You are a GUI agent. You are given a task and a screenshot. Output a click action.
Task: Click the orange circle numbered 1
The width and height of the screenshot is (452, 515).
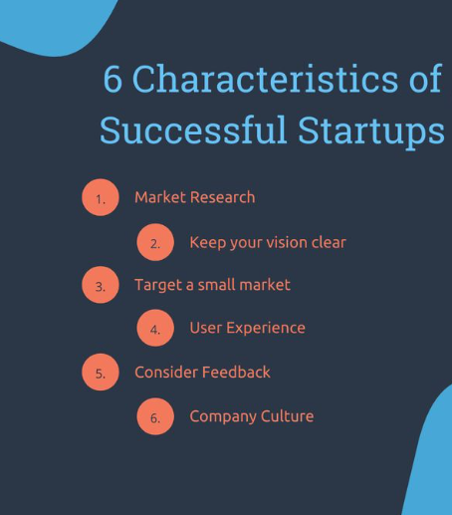tap(101, 197)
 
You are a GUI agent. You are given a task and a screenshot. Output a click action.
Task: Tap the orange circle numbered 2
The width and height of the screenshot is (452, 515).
tap(155, 242)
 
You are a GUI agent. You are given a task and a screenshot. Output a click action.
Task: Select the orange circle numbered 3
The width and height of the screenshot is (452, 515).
tap(101, 285)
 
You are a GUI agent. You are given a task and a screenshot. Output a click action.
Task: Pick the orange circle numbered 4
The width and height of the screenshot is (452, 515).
tap(155, 328)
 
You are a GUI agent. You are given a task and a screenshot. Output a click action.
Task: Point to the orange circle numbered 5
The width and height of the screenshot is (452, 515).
tap(101, 372)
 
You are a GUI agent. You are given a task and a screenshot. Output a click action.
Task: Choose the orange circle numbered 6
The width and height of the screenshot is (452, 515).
tap(155, 416)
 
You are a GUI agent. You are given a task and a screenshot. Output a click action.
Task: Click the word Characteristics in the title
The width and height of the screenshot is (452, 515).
tap(265, 79)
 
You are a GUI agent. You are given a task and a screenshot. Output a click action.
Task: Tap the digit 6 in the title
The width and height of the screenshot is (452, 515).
tap(113, 79)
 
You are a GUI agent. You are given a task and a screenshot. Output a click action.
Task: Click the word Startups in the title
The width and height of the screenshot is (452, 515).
tap(371, 131)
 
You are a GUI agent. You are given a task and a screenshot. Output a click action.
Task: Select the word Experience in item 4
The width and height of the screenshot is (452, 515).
tap(266, 329)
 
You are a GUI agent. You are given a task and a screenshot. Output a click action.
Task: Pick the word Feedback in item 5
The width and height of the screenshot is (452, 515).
tap(236, 373)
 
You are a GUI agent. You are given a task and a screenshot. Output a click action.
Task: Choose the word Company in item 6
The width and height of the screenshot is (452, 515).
tap(223, 417)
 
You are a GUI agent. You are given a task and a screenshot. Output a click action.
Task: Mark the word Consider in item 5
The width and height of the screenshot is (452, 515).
tap(166, 373)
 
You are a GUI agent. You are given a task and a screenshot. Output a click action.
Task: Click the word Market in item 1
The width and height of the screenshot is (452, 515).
tap(160, 197)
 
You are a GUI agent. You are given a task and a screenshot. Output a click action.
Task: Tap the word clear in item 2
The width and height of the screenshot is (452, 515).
tap(329, 242)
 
